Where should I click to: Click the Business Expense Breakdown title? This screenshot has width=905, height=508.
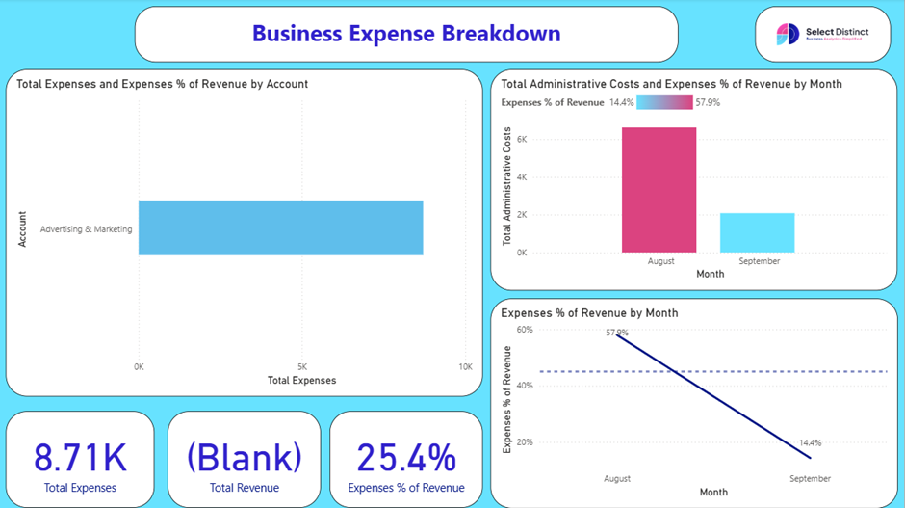(x=405, y=34)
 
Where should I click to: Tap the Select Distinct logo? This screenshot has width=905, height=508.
(x=822, y=35)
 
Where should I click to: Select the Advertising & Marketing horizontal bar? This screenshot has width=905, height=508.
(x=280, y=227)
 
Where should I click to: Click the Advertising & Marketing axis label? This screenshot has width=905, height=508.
(x=86, y=229)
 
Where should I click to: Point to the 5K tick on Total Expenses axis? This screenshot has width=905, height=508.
(x=301, y=366)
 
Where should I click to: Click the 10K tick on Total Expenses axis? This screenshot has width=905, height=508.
(x=465, y=366)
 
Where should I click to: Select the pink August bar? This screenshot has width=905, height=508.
(x=659, y=190)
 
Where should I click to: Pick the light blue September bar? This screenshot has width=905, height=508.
(x=757, y=232)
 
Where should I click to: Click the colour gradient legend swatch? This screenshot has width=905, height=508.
(x=664, y=102)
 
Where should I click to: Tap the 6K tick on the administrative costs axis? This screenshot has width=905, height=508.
(x=522, y=140)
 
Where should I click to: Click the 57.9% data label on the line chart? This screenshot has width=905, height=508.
(x=617, y=333)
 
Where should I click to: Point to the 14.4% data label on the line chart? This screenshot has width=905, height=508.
(x=810, y=443)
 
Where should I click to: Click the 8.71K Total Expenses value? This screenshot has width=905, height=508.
(x=80, y=457)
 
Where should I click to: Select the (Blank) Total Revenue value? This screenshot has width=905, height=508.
(x=244, y=457)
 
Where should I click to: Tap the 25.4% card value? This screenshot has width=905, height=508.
(x=405, y=457)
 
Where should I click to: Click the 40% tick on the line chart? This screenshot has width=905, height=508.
(x=525, y=386)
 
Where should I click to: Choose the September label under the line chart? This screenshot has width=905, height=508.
(x=810, y=478)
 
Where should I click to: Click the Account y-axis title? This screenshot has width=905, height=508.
(x=22, y=229)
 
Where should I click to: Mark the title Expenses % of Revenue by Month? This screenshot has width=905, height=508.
(x=589, y=313)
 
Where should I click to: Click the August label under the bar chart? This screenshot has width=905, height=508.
(x=660, y=261)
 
